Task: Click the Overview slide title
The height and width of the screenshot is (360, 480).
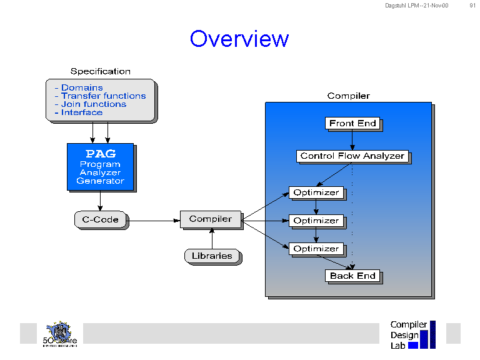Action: pos(239,39)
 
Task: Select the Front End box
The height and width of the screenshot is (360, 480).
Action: pos(352,123)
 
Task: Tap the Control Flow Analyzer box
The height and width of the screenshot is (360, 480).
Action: pos(352,156)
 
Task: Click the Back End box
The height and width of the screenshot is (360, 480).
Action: pos(352,276)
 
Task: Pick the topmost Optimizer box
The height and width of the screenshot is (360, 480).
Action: pos(316,192)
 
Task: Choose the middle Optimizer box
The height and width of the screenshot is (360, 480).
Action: pos(316,221)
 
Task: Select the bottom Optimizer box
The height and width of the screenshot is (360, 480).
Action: pos(316,249)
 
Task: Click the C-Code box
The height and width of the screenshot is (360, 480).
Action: pos(100,219)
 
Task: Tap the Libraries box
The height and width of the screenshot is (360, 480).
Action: pos(212,256)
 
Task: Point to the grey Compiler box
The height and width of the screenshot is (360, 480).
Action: pos(211,219)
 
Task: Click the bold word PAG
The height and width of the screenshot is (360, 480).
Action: pos(100,154)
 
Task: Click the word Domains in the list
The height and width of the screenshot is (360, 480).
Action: pos(82,88)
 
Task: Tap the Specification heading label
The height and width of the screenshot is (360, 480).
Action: pos(100,71)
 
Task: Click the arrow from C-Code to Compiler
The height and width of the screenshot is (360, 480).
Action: pos(153,221)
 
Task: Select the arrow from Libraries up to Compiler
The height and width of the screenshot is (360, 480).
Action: pos(212,238)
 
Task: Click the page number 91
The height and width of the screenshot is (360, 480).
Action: pos(472,6)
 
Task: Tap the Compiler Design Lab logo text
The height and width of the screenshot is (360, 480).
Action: pos(408,335)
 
